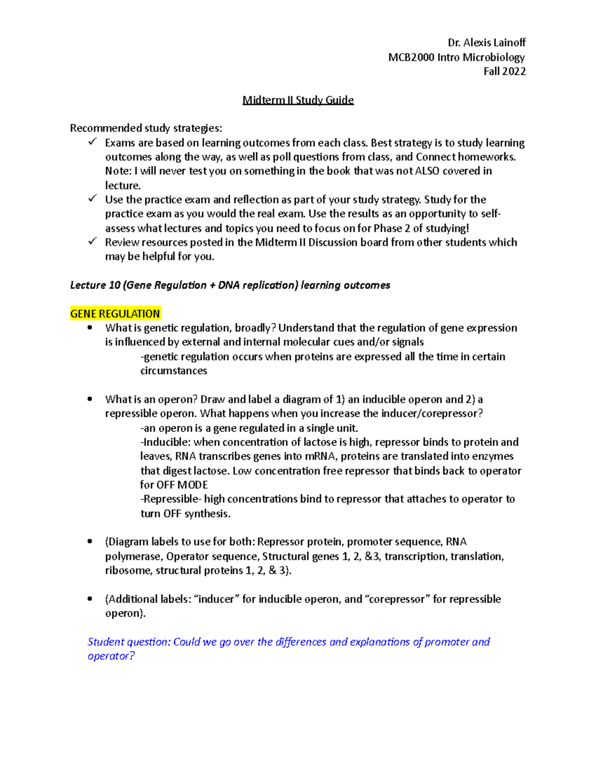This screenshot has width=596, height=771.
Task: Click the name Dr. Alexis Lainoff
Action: click(x=486, y=43)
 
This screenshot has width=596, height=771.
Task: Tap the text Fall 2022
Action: click(x=504, y=71)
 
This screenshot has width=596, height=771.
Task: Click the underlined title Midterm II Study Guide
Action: click(x=298, y=100)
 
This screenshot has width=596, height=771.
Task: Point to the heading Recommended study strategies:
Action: click(x=146, y=129)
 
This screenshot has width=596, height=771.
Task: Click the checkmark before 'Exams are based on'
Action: click(x=92, y=142)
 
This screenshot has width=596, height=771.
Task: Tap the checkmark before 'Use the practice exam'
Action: click(x=92, y=199)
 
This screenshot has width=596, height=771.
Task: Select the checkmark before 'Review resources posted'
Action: click(x=92, y=242)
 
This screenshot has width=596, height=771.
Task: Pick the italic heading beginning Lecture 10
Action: click(x=230, y=285)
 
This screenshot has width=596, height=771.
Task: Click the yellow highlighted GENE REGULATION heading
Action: click(x=115, y=314)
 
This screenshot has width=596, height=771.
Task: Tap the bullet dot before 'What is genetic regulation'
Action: click(x=90, y=328)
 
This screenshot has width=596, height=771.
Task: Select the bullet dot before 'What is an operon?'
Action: click(x=90, y=399)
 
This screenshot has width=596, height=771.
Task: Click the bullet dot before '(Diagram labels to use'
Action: click(x=90, y=542)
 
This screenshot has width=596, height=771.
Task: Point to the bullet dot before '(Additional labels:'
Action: click(x=90, y=599)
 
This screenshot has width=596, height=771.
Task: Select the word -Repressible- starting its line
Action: click(x=170, y=499)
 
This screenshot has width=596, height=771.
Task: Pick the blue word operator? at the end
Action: click(x=111, y=656)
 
